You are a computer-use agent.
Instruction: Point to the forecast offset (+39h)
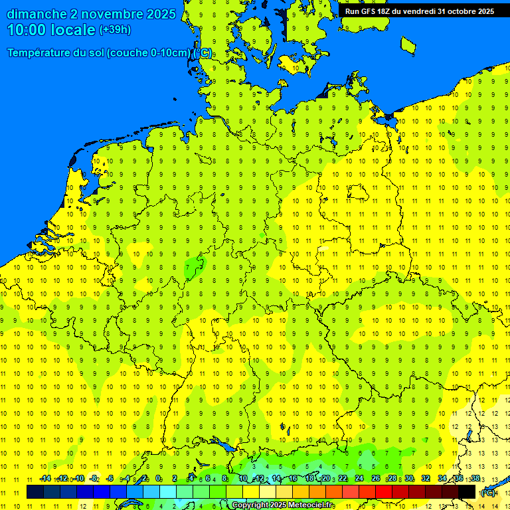pos(115,30)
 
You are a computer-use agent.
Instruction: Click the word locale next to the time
pos(73,30)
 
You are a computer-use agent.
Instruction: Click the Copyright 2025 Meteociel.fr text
pos(283,505)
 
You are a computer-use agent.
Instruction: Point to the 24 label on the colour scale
pos(359,479)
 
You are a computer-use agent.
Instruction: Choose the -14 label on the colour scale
pos(45,479)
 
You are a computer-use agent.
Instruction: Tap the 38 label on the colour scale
pos(475,479)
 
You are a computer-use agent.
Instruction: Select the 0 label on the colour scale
pos(158,479)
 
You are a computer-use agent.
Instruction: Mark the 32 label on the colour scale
pos(426,479)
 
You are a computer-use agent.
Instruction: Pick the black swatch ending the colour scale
pos(467,492)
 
